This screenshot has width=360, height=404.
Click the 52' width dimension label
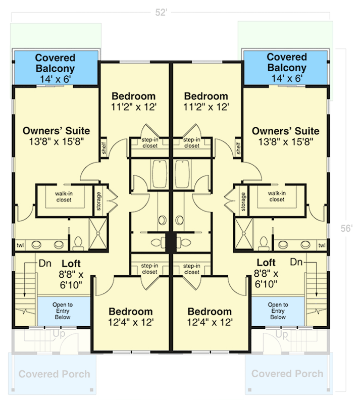point(161,13)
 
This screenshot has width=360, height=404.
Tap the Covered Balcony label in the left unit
point(55,63)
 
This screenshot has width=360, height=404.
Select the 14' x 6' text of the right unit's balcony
point(286,79)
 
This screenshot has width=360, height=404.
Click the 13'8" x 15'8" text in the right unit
point(286,142)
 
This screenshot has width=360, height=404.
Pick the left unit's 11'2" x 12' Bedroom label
point(134,101)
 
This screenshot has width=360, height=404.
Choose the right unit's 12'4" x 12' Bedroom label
point(209,316)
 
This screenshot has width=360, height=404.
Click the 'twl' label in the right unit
point(322,245)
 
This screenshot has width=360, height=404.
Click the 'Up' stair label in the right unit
point(283,334)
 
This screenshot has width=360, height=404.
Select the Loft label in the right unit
point(266,263)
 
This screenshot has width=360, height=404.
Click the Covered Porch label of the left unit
point(55,374)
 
